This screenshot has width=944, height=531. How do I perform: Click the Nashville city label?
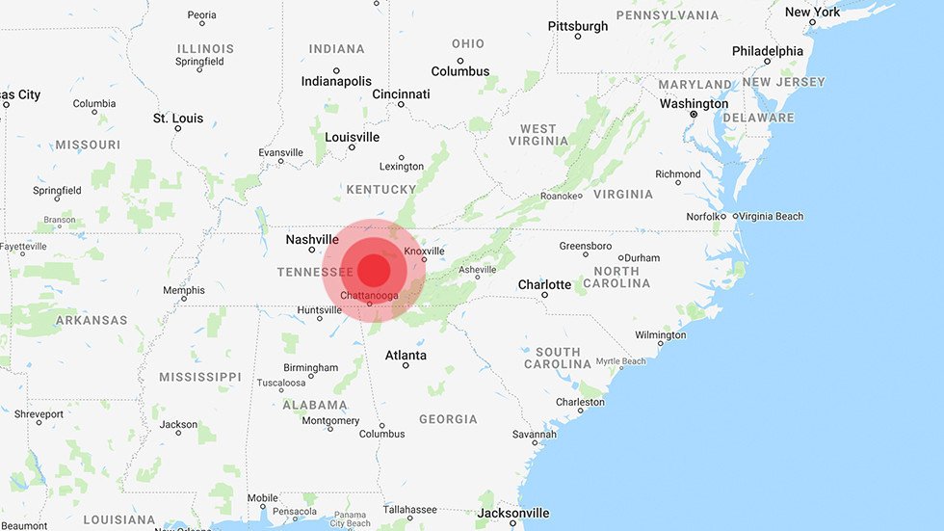pyautogui.click(x=311, y=239)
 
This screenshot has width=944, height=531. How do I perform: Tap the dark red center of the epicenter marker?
pyautogui.click(x=374, y=269)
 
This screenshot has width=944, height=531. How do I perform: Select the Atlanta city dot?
pyautogui.click(x=406, y=366)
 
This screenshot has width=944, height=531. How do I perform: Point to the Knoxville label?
pyautogui.click(x=424, y=251)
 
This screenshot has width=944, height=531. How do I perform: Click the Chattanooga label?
pyautogui.click(x=370, y=294)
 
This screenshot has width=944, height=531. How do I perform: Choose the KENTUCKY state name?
pyautogui.click(x=381, y=190)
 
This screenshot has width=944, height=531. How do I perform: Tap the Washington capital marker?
pyautogui.click(x=694, y=115)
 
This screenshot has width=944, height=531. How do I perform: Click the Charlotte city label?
pyautogui.click(x=544, y=284)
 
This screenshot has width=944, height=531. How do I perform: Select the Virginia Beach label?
pyautogui.click(x=772, y=216)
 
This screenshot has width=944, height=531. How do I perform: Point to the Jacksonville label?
pyautogui.click(x=513, y=513)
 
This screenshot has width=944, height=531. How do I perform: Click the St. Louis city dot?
pyautogui.click(x=177, y=128)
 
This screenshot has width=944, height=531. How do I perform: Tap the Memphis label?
pyautogui.click(x=183, y=290)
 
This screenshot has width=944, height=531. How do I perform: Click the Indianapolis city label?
pyautogui.click(x=336, y=81)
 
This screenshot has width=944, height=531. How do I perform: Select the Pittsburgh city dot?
pyautogui.click(x=578, y=37)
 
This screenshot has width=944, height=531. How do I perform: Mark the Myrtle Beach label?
pyautogui.click(x=620, y=361)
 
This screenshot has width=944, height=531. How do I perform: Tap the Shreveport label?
pyautogui.click(x=39, y=413)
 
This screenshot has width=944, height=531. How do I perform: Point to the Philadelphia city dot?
pyautogui.click(x=768, y=62)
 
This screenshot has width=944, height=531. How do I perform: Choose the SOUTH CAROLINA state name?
pyautogui.click(x=558, y=358)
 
